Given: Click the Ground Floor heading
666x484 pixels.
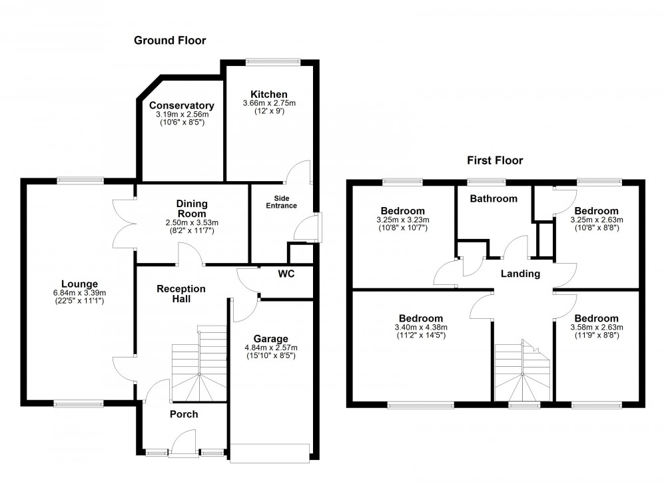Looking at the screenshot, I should (x=170, y=41).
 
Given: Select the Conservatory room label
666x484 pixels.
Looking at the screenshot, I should (x=181, y=105).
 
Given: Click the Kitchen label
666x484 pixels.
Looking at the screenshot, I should (x=269, y=94).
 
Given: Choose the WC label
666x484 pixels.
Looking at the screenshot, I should (x=286, y=274).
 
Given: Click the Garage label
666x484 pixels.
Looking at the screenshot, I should (x=270, y=338).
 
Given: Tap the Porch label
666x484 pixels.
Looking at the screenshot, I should (x=184, y=414).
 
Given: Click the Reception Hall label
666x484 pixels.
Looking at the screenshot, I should (x=181, y=294).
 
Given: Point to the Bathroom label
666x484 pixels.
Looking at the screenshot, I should (x=494, y=198).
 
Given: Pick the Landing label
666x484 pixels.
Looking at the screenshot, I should (x=520, y=274).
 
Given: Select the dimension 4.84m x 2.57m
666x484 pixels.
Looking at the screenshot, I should (x=270, y=348).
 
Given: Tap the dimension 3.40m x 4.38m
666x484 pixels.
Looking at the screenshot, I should (x=420, y=327).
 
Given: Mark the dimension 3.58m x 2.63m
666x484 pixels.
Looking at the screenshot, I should (x=596, y=327).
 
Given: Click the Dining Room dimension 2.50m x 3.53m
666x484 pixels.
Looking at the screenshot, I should (x=192, y=222).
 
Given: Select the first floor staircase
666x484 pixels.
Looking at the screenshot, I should (x=523, y=369).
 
